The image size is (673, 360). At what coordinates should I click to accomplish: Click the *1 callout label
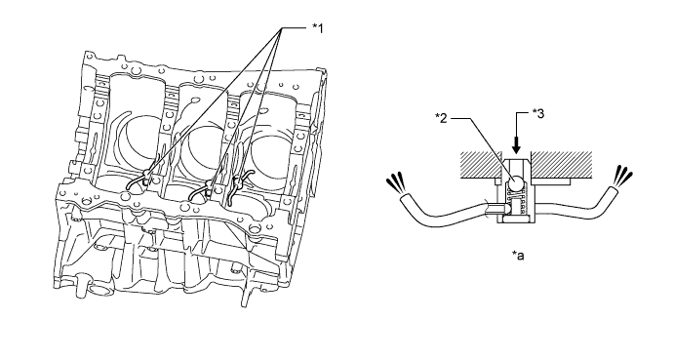(x=317, y=28)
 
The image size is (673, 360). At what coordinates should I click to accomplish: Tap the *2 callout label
(x=442, y=118)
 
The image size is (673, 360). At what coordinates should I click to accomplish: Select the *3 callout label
(x=538, y=113)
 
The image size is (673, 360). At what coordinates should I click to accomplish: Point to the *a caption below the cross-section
(x=518, y=256)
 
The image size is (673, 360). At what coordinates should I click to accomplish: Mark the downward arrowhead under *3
(x=516, y=147)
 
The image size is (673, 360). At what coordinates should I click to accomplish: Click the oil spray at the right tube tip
(x=623, y=177)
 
